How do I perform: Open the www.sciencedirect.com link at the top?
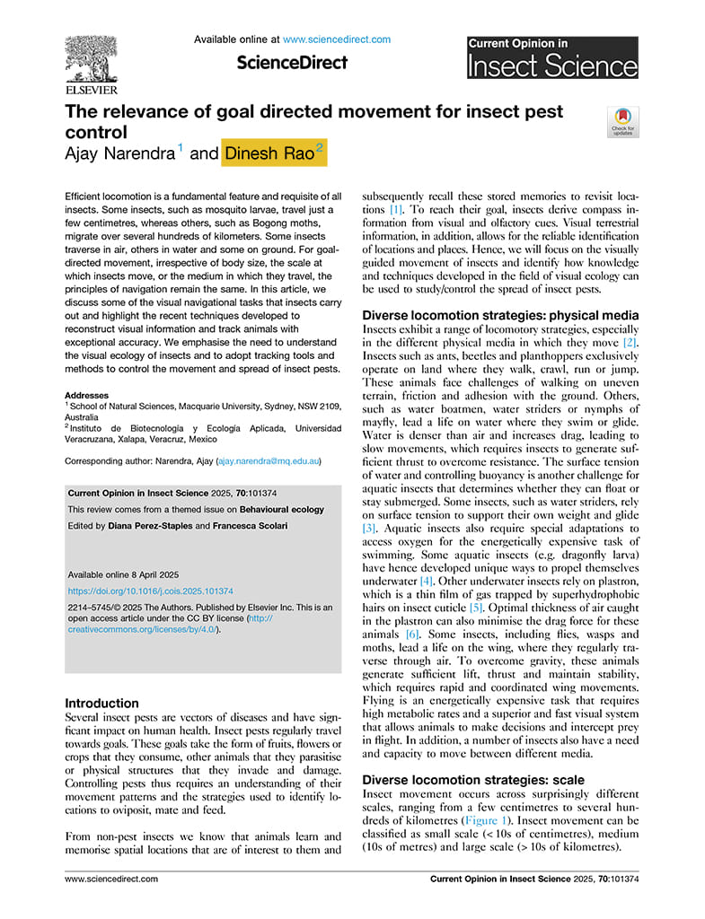pos(337,39)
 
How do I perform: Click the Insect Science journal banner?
pos(551,59)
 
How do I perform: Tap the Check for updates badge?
pos(621,121)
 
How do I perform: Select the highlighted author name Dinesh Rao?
pos(269,153)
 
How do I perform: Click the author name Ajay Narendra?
pos(121,153)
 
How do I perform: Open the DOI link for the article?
pos(151,591)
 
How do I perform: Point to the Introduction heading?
pos(102,704)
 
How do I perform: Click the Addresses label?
pos(86,395)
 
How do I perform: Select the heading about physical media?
pos(499,315)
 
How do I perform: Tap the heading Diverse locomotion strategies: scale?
pos(472,780)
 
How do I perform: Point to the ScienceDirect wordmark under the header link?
pos(292,63)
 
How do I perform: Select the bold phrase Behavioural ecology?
pos(278,510)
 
